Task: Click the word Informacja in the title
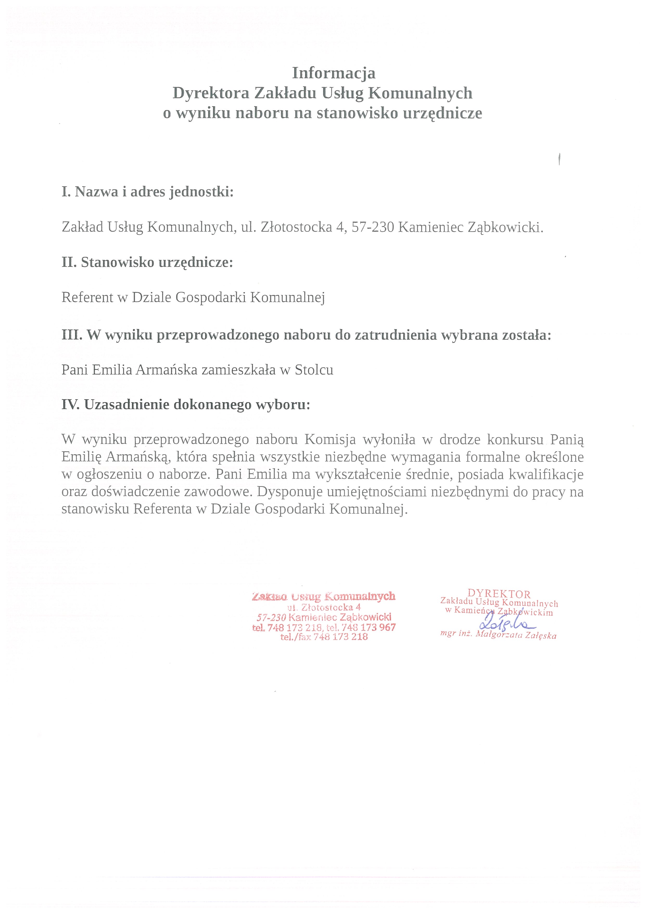(333, 73)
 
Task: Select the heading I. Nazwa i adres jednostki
(148, 192)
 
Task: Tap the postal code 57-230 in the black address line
(372, 227)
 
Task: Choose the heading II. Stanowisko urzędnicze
(147, 262)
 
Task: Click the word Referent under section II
(87, 297)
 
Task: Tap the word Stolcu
(314, 370)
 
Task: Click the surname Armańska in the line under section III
(167, 370)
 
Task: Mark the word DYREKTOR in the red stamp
(499, 594)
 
